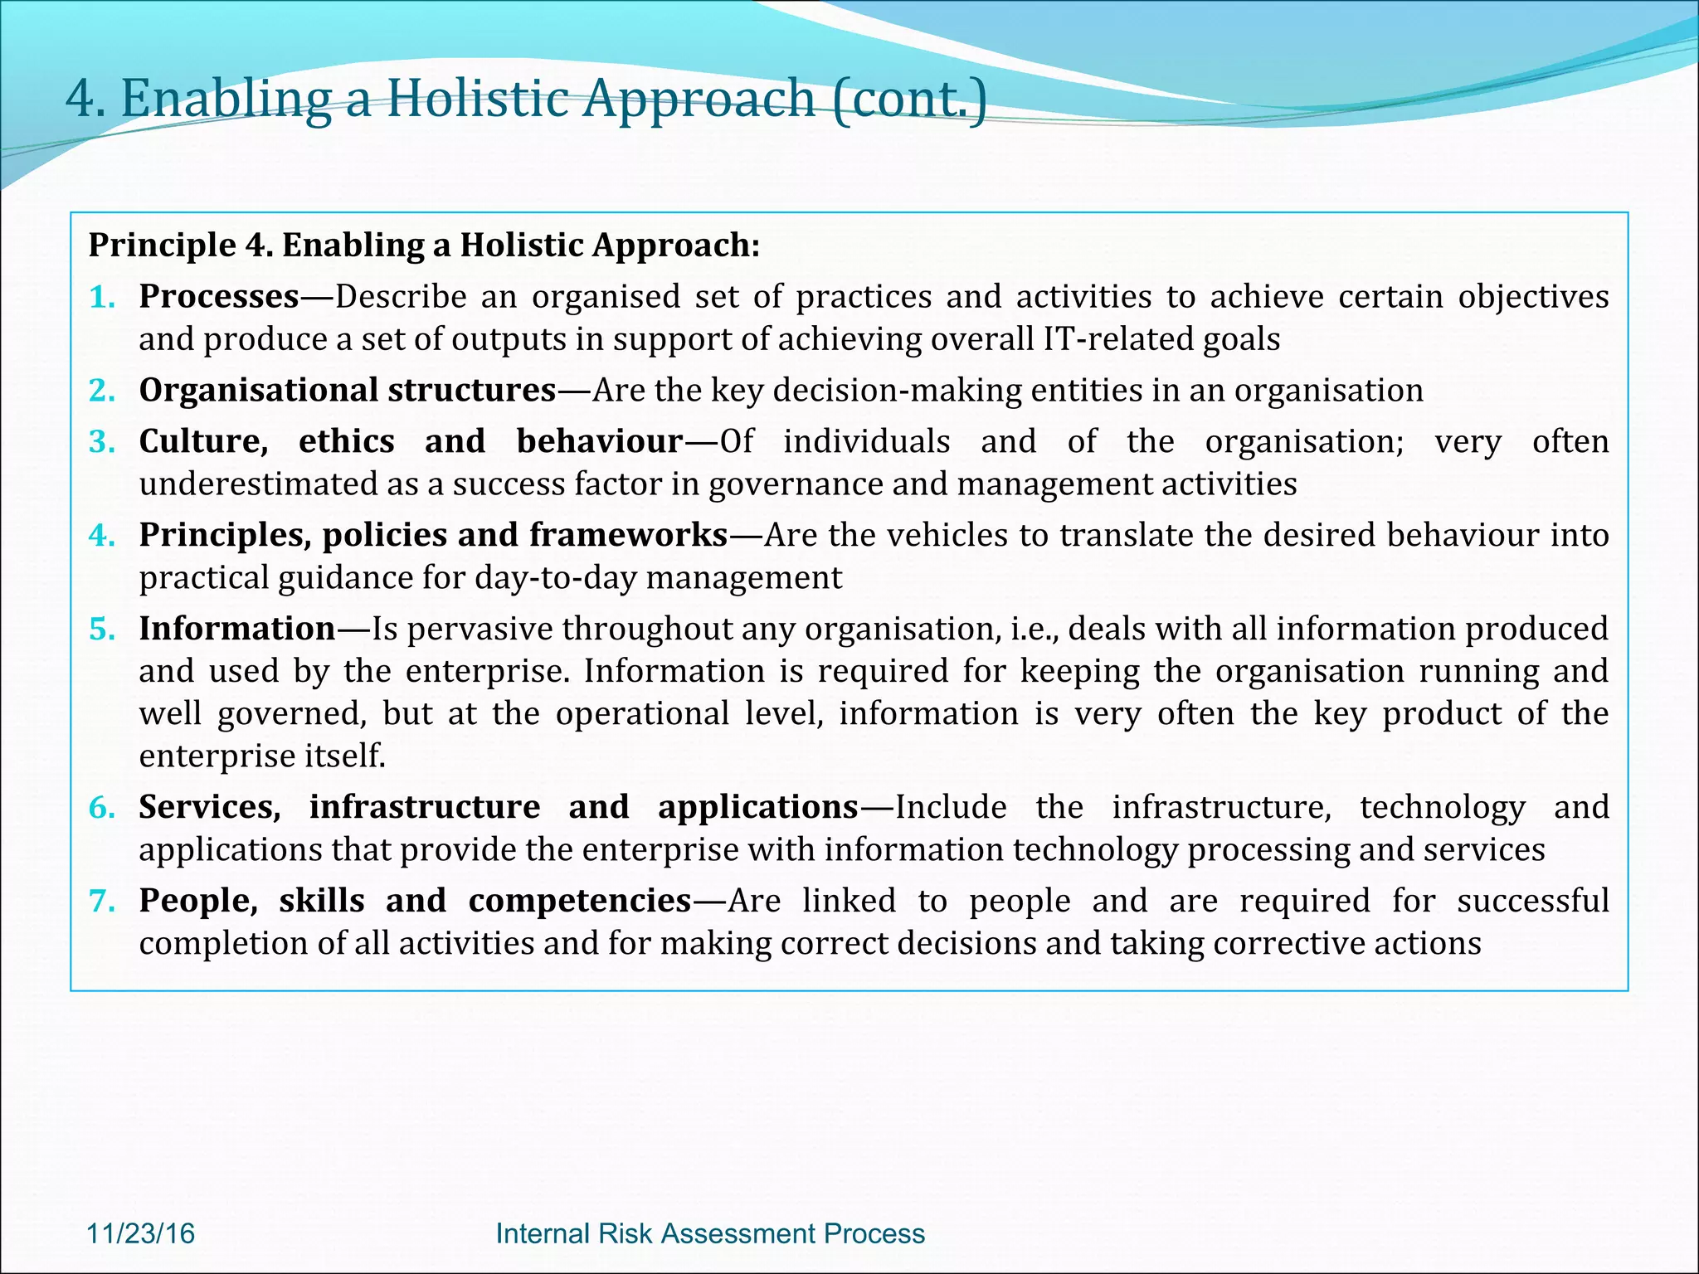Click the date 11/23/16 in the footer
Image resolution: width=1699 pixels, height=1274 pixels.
click(x=141, y=1233)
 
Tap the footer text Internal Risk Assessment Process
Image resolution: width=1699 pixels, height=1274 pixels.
click(x=710, y=1233)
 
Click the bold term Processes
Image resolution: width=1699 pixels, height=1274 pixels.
click(x=219, y=296)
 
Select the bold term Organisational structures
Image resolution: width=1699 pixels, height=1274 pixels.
click(x=347, y=390)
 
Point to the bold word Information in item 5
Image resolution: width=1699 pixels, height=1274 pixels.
click(x=237, y=629)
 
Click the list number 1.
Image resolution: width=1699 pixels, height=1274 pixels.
click(x=101, y=297)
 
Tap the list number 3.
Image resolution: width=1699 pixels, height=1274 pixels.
click(x=101, y=442)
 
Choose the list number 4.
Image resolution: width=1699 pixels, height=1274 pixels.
click(x=101, y=536)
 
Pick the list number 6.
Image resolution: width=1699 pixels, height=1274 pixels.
click(x=101, y=807)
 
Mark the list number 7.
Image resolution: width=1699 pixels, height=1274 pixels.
click(x=101, y=901)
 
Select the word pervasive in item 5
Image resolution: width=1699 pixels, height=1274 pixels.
click(x=479, y=629)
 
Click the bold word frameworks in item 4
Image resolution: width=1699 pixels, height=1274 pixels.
click(x=628, y=535)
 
